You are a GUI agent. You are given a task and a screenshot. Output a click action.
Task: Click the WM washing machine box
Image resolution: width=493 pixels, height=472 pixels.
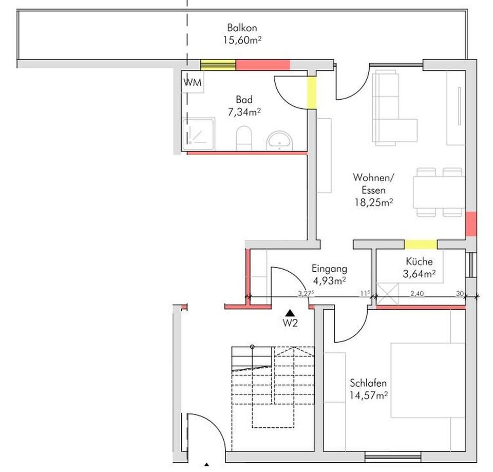tap(193, 81)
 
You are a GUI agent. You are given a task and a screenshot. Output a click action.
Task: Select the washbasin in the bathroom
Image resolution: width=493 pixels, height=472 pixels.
tap(279, 139)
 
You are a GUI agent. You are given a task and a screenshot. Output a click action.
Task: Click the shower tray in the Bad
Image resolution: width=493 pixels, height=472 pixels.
tap(198, 135)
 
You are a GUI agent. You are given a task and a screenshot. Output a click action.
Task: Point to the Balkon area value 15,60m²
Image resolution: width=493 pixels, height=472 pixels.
tap(242, 40)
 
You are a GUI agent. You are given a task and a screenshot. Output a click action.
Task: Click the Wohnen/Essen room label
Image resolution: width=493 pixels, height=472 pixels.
tap(373, 183)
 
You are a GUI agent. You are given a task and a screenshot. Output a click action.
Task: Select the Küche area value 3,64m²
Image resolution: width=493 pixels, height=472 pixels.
tap(419, 274)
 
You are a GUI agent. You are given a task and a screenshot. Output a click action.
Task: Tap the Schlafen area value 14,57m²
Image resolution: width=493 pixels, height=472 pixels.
tap(368, 395)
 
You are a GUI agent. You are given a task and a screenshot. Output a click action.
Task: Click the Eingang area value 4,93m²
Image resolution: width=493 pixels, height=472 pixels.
tap(329, 280)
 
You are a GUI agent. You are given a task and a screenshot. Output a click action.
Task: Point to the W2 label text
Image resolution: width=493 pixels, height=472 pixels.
tap(290, 324)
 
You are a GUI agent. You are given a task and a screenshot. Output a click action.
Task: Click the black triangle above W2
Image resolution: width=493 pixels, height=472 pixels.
tap(290, 312)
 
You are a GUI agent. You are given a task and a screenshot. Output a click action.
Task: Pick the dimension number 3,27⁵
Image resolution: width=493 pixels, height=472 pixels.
tap(306, 293)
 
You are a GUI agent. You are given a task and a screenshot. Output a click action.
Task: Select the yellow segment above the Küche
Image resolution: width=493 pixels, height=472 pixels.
tap(421, 244)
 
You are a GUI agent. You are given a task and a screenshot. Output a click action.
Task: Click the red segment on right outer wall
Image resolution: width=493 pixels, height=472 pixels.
tap(471, 224)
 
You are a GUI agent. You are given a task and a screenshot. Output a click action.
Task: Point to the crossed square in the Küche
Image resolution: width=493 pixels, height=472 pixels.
tap(388, 294)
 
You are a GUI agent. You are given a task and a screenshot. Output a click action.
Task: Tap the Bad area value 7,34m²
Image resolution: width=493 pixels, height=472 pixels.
tap(244, 111)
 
